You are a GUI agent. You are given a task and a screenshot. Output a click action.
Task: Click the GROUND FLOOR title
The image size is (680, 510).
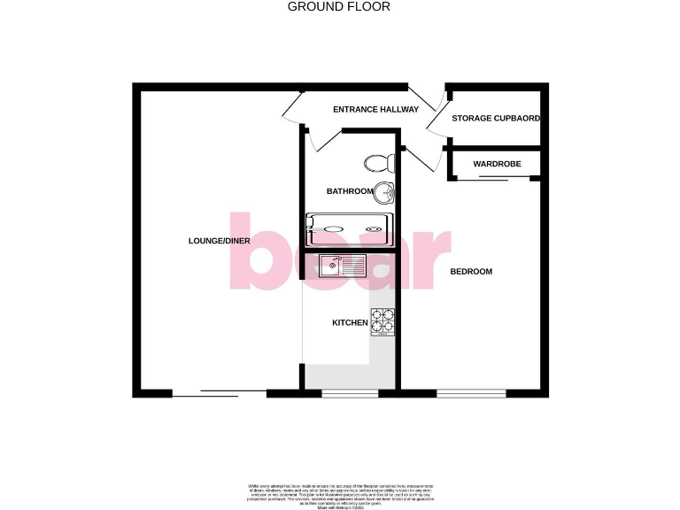pos(339,7)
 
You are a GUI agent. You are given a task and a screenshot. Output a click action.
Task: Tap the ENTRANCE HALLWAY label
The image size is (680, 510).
pos(375,110)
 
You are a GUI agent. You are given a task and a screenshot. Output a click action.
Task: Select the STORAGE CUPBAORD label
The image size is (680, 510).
pos(496,118)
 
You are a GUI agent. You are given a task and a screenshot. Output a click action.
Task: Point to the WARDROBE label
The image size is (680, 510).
pos(497,164)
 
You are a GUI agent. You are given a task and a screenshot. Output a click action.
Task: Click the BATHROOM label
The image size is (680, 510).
pos(350,191)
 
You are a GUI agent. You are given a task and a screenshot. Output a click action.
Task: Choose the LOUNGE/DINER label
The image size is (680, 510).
pos(219,241)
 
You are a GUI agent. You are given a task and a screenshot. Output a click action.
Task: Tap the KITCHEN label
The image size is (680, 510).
pos(350,322)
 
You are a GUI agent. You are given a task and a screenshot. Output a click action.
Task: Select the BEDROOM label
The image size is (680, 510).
pos(471,271)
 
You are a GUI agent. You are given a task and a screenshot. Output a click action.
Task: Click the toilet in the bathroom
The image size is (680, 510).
pos(379,163)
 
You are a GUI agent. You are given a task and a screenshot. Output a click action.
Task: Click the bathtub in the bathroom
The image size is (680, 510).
pos(348,230)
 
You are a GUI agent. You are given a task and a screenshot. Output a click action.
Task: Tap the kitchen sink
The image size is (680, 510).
pos(336,264)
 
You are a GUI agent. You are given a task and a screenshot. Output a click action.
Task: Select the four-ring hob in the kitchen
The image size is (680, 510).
pos(382,321)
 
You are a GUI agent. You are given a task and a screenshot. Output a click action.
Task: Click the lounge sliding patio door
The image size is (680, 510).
pos(219,392)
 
